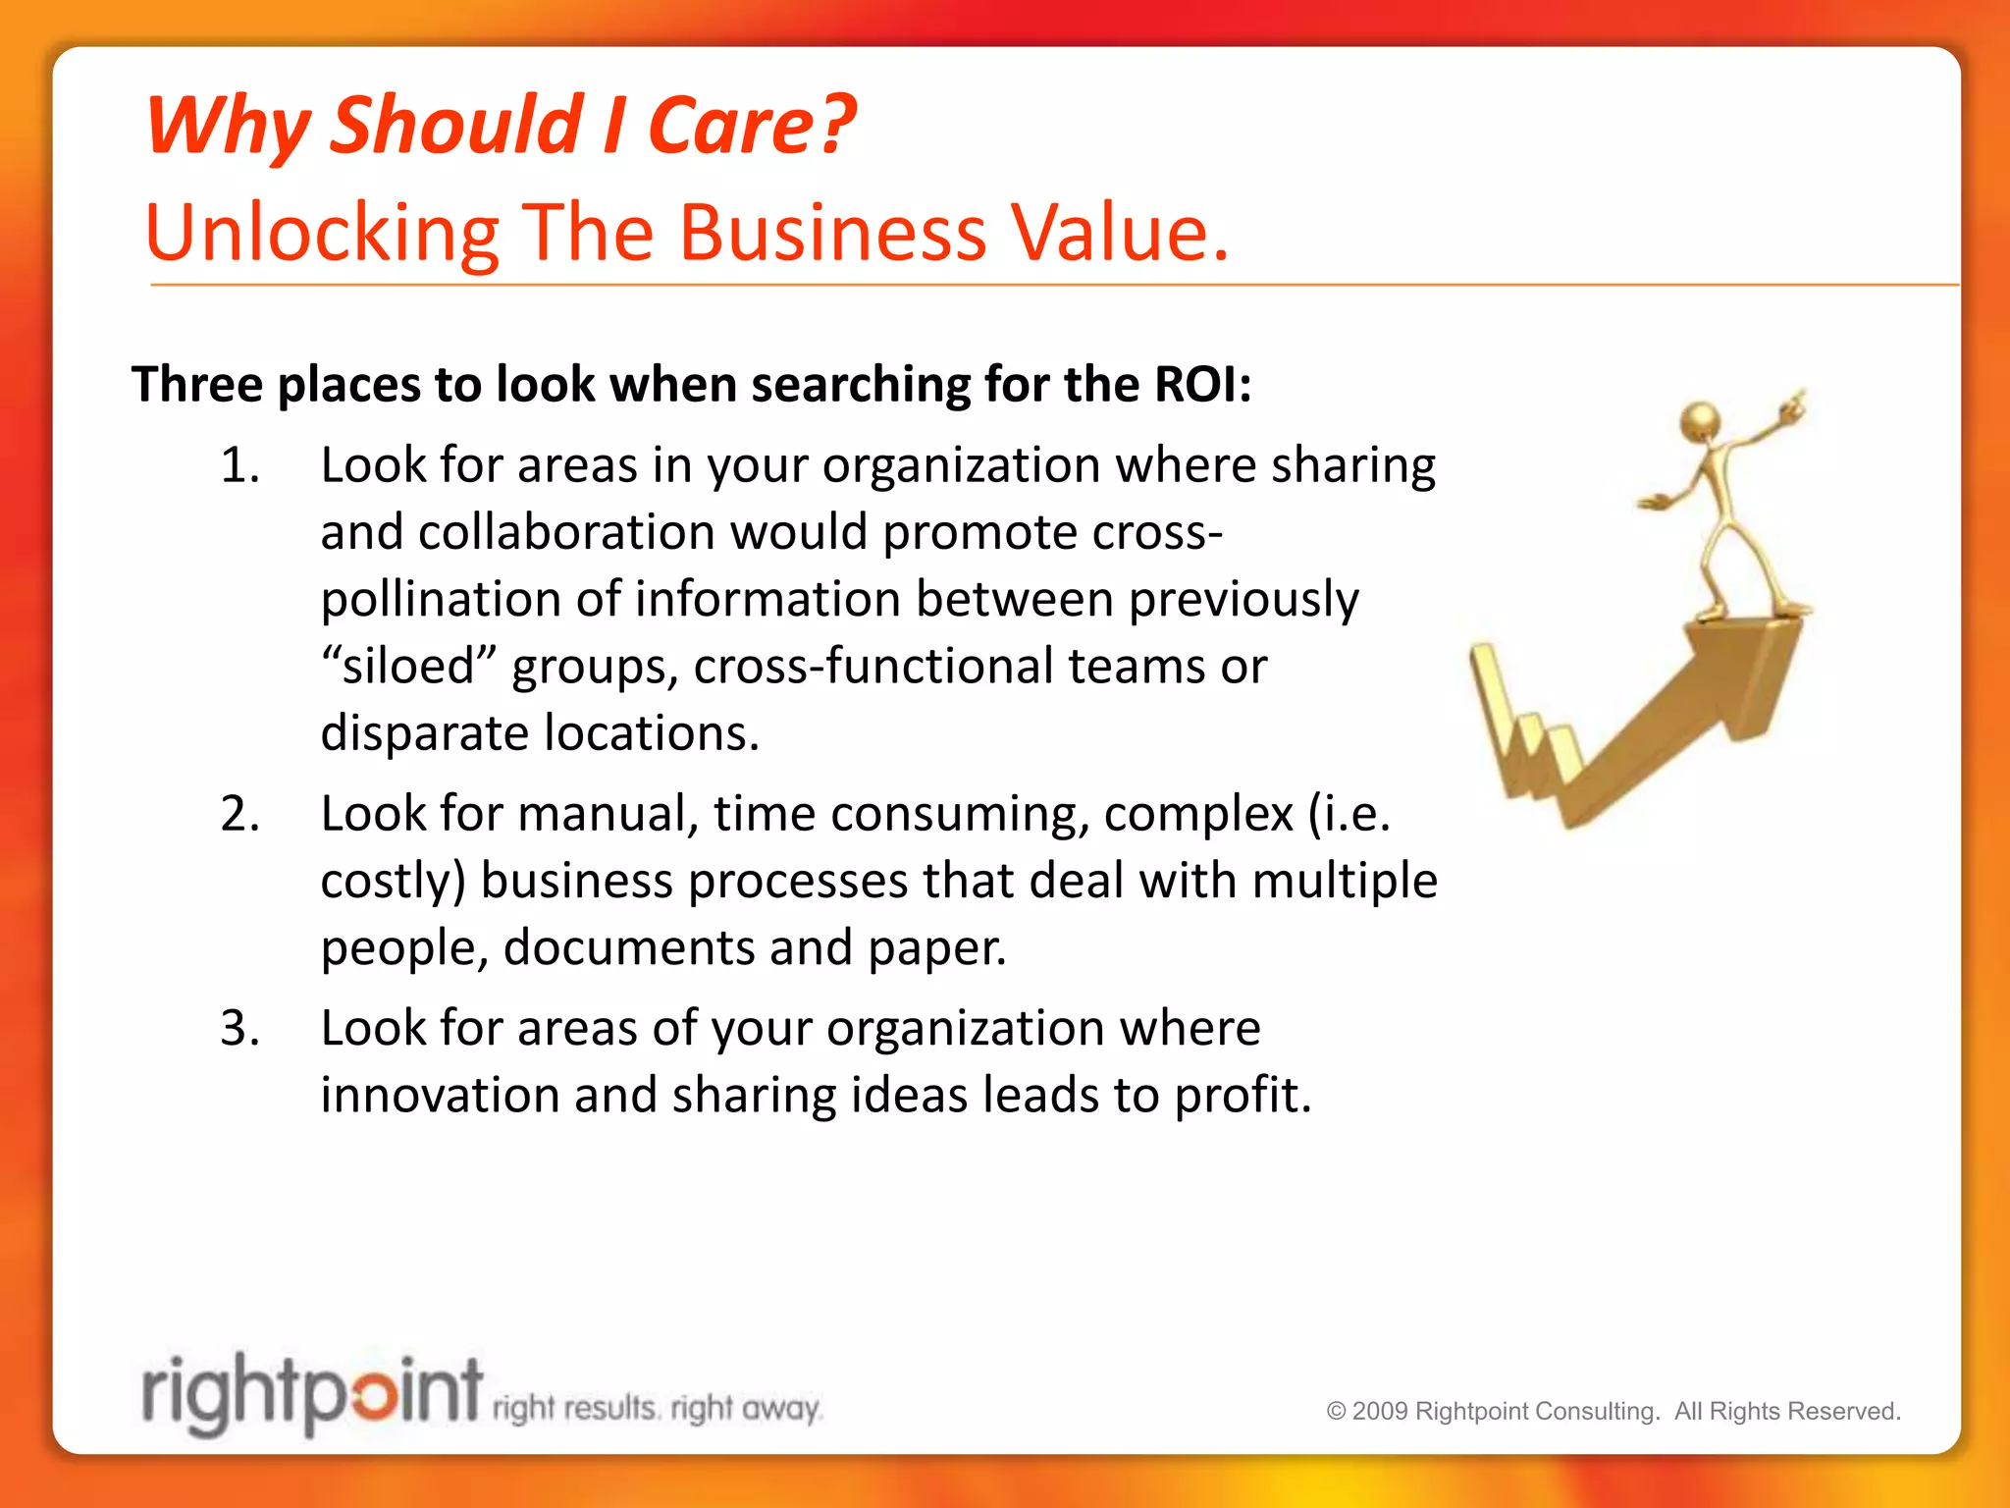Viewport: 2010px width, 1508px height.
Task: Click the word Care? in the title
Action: point(751,126)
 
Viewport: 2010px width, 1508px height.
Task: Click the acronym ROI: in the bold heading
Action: point(1202,384)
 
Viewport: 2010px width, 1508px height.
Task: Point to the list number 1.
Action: point(239,465)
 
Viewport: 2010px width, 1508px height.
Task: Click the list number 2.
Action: point(239,814)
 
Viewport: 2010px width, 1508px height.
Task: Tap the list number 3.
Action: point(239,1029)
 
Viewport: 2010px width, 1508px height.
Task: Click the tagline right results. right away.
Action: point(656,1410)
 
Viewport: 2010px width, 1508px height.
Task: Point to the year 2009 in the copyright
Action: point(1380,1412)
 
